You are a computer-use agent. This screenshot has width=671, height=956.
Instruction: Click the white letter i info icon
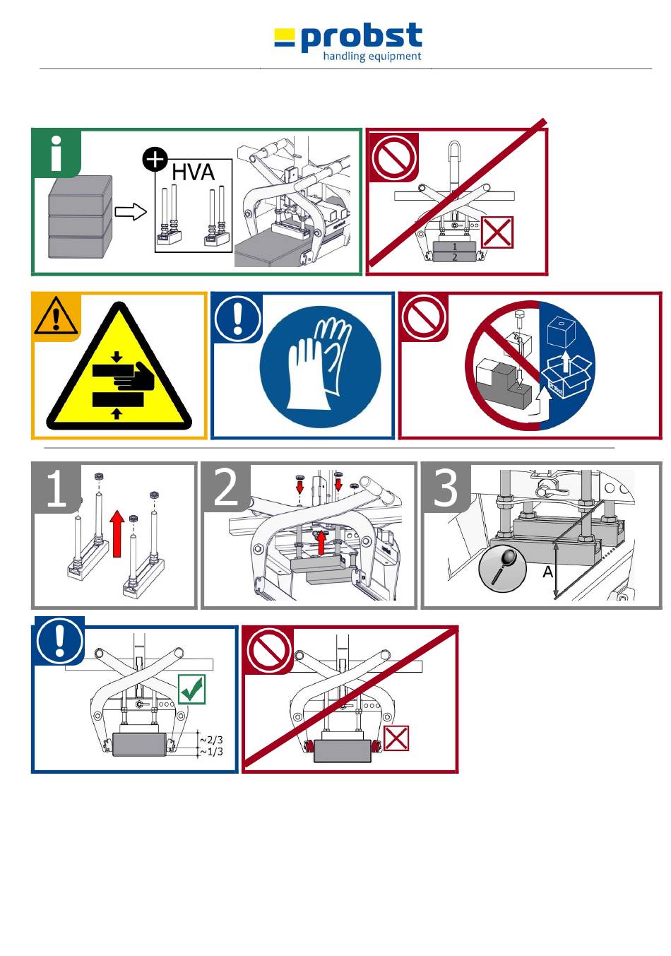(x=57, y=153)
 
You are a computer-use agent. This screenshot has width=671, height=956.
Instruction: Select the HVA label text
(x=193, y=172)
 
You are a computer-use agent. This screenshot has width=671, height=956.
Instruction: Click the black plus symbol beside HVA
(x=155, y=160)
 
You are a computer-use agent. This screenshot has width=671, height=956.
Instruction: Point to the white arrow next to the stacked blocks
(x=131, y=212)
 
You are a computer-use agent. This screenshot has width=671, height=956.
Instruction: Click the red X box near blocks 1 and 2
(x=497, y=233)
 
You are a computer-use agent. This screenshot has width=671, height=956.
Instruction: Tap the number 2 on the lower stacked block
(x=454, y=257)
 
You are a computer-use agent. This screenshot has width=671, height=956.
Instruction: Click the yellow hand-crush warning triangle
(x=119, y=370)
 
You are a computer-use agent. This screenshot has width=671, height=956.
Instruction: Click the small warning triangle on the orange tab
(x=56, y=316)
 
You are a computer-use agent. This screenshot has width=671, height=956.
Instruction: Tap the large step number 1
(x=57, y=488)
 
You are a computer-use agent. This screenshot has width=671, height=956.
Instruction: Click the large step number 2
(x=226, y=487)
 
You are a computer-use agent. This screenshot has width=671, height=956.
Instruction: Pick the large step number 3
(x=446, y=487)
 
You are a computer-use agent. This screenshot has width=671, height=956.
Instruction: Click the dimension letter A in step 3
(x=547, y=572)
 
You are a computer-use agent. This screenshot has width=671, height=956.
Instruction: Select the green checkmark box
(x=192, y=690)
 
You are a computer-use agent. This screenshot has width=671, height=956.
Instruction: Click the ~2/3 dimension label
(x=211, y=740)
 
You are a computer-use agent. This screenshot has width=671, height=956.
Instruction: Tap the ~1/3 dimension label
(x=211, y=752)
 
